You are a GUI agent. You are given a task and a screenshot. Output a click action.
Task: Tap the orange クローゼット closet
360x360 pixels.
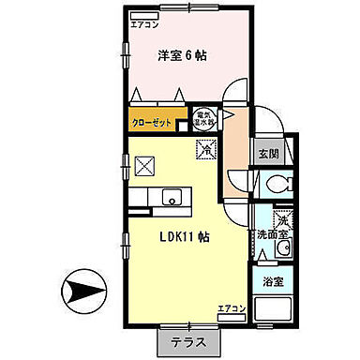(153, 121)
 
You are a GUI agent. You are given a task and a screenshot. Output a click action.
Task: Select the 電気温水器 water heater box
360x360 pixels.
(202, 119)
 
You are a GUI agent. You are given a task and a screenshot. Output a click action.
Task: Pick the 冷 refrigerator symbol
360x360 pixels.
(204, 148)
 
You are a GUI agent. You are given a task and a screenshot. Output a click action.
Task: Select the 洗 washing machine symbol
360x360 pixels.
(285, 221)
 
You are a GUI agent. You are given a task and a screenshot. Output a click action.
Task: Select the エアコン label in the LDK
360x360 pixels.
(231, 308)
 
